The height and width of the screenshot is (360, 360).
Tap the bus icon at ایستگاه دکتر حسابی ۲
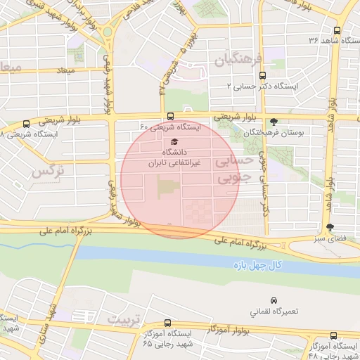263,75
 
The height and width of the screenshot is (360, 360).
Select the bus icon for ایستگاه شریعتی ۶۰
170,117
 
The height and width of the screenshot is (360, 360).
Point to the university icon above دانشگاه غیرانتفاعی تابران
174,141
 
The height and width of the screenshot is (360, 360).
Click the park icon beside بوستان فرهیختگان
274,122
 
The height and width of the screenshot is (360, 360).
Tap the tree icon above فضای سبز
330,227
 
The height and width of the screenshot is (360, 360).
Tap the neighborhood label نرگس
43,171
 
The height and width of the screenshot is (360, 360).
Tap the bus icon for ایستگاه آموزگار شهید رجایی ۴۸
335,336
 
